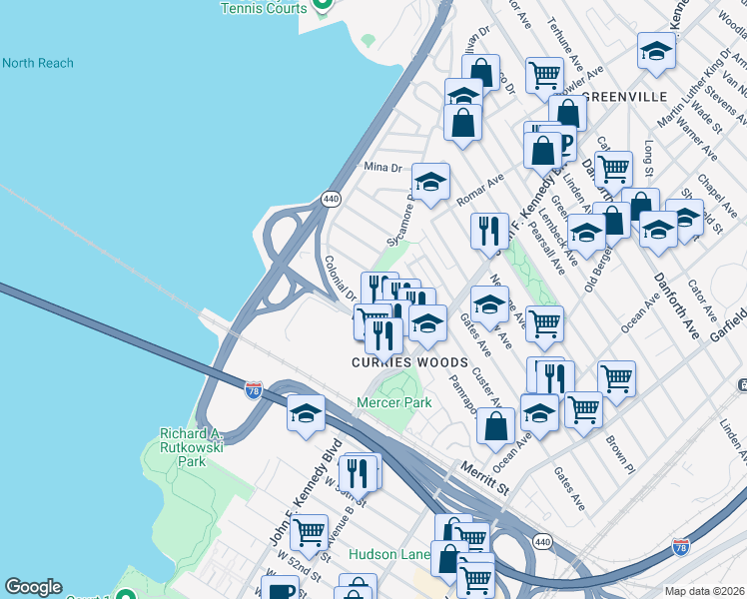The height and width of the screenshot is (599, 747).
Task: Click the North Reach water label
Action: (x=38, y=64)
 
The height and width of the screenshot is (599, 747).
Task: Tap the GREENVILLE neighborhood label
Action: (x=623, y=97)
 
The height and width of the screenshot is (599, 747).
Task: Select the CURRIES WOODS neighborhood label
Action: (x=409, y=362)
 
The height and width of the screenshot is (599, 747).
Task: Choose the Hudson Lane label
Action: (x=386, y=554)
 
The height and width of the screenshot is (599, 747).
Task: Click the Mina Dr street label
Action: (x=381, y=167)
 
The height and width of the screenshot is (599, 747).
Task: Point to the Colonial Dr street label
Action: (x=340, y=279)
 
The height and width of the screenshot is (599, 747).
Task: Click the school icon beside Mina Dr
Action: (x=430, y=182)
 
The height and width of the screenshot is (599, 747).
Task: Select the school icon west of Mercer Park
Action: (x=306, y=413)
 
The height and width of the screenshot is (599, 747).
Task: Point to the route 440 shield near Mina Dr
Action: (x=332, y=199)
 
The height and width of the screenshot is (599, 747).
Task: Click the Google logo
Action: (x=33, y=587)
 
